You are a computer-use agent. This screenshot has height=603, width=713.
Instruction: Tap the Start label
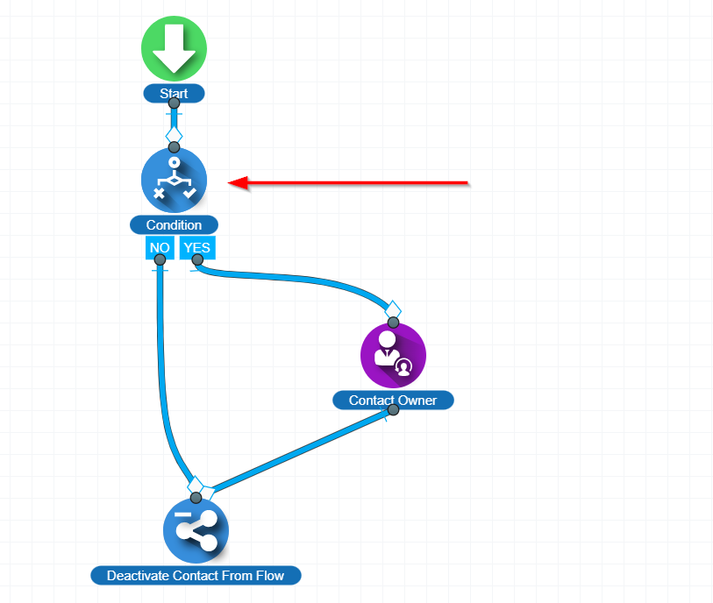(174, 94)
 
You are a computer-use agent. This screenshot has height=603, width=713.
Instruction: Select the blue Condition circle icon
(174, 180)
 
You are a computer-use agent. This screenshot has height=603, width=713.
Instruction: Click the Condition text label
(174, 225)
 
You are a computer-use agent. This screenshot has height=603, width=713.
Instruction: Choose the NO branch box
(160, 248)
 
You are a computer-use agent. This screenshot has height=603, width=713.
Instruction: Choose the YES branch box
(197, 248)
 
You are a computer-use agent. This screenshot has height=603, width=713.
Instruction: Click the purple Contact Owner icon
(393, 355)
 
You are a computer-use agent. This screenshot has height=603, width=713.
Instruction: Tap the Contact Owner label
(393, 401)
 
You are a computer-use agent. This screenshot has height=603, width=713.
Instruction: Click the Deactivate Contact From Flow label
(196, 576)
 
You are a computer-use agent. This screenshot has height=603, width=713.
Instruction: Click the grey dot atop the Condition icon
(174, 146)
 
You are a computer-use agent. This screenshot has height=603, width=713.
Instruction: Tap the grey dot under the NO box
(160, 260)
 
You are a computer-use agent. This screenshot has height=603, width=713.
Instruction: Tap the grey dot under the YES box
(197, 260)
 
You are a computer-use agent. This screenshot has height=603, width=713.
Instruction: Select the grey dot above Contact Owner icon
(393, 323)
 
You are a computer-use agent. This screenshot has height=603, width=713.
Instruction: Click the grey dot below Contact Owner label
(393, 410)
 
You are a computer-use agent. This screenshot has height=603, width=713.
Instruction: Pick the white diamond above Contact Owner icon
(393, 309)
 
